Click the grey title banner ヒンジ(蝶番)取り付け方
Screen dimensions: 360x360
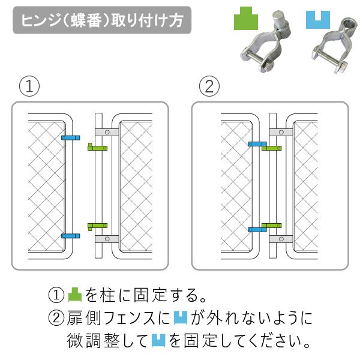pyautogui.click(x=102, y=20)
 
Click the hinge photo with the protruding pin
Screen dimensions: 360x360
pyautogui.click(x=266, y=41)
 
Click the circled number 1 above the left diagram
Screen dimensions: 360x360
pyautogui.click(x=29, y=86)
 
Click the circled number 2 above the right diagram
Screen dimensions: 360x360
pyautogui.click(x=209, y=86)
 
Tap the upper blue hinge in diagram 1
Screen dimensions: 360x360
pyautogui.click(x=70, y=138)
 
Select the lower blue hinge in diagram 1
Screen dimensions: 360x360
pyautogui.click(x=70, y=236)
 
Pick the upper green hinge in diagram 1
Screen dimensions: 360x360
pyautogui.click(x=98, y=148)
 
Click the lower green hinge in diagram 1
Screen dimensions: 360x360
pyautogui.click(x=98, y=226)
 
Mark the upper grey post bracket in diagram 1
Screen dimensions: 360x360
pyautogui.click(x=107, y=132)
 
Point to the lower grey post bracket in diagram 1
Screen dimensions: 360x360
pyautogui.click(x=107, y=239)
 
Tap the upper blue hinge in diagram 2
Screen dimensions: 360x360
pyautogui.click(x=257, y=144)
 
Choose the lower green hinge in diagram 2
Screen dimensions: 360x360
pyautogui.click(x=272, y=226)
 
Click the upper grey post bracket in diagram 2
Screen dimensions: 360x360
pyautogui.click(x=281, y=132)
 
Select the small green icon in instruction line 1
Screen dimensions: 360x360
pyautogui.click(x=75, y=295)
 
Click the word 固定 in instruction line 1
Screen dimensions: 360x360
pyautogui.click(x=149, y=295)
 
